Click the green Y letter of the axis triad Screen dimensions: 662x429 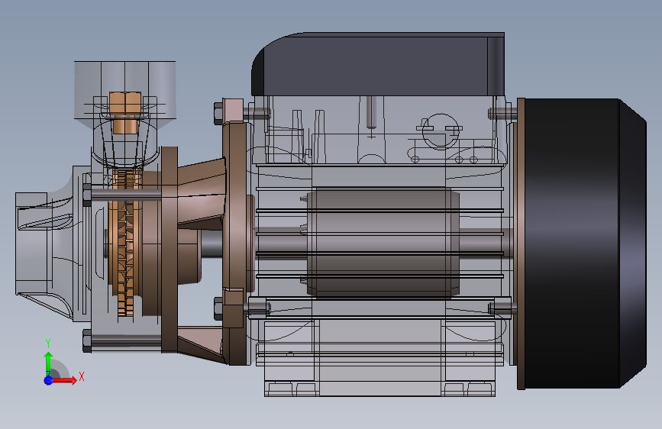[x=48, y=343]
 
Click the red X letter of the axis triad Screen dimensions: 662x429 [x=82, y=376]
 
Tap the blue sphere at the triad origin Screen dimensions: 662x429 [x=49, y=380]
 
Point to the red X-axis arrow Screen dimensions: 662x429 [x=64, y=380]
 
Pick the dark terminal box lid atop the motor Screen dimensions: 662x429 [x=378, y=64]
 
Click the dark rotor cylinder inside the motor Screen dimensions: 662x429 [x=382, y=243]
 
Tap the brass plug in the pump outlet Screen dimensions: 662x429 [x=125, y=111]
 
